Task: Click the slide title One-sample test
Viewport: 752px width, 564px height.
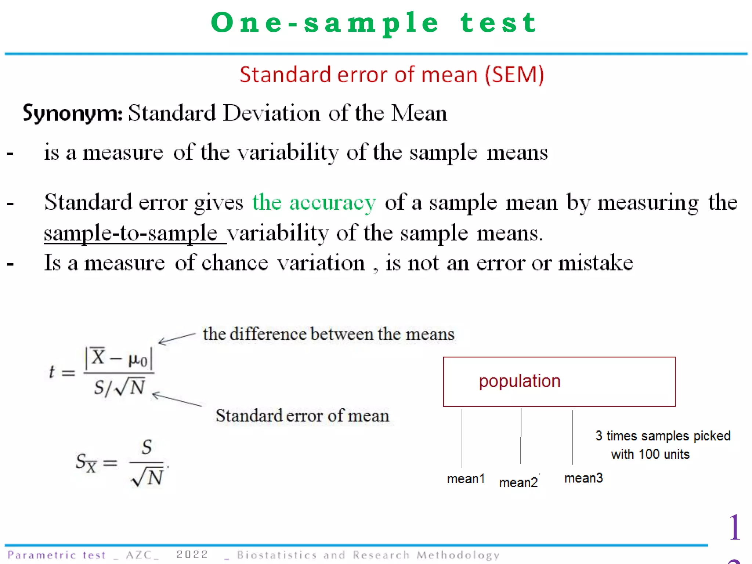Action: (374, 23)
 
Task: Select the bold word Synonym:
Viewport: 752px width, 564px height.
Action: (72, 113)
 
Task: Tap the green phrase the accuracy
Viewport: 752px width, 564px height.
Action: (314, 202)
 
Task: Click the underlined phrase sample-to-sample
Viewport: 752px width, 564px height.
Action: (131, 234)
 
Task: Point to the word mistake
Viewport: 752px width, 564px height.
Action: (596, 263)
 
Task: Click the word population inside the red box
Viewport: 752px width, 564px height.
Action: (520, 381)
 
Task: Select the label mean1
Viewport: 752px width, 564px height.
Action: (466, 479)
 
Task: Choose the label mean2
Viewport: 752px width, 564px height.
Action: (518, 482)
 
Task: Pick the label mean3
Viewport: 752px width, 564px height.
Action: (583, 478)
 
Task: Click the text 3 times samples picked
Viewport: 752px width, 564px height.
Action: (663, 436)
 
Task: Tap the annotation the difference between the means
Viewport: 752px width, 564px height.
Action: (329, 334)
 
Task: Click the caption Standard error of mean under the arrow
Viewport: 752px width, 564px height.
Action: (302, 416)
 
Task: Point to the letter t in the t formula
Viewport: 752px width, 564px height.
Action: (52, 372)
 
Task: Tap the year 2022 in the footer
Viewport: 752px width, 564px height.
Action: (192, 554)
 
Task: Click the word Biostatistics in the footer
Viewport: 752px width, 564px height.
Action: (276, 555)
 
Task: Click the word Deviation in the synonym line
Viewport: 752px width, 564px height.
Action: (271, 113)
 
